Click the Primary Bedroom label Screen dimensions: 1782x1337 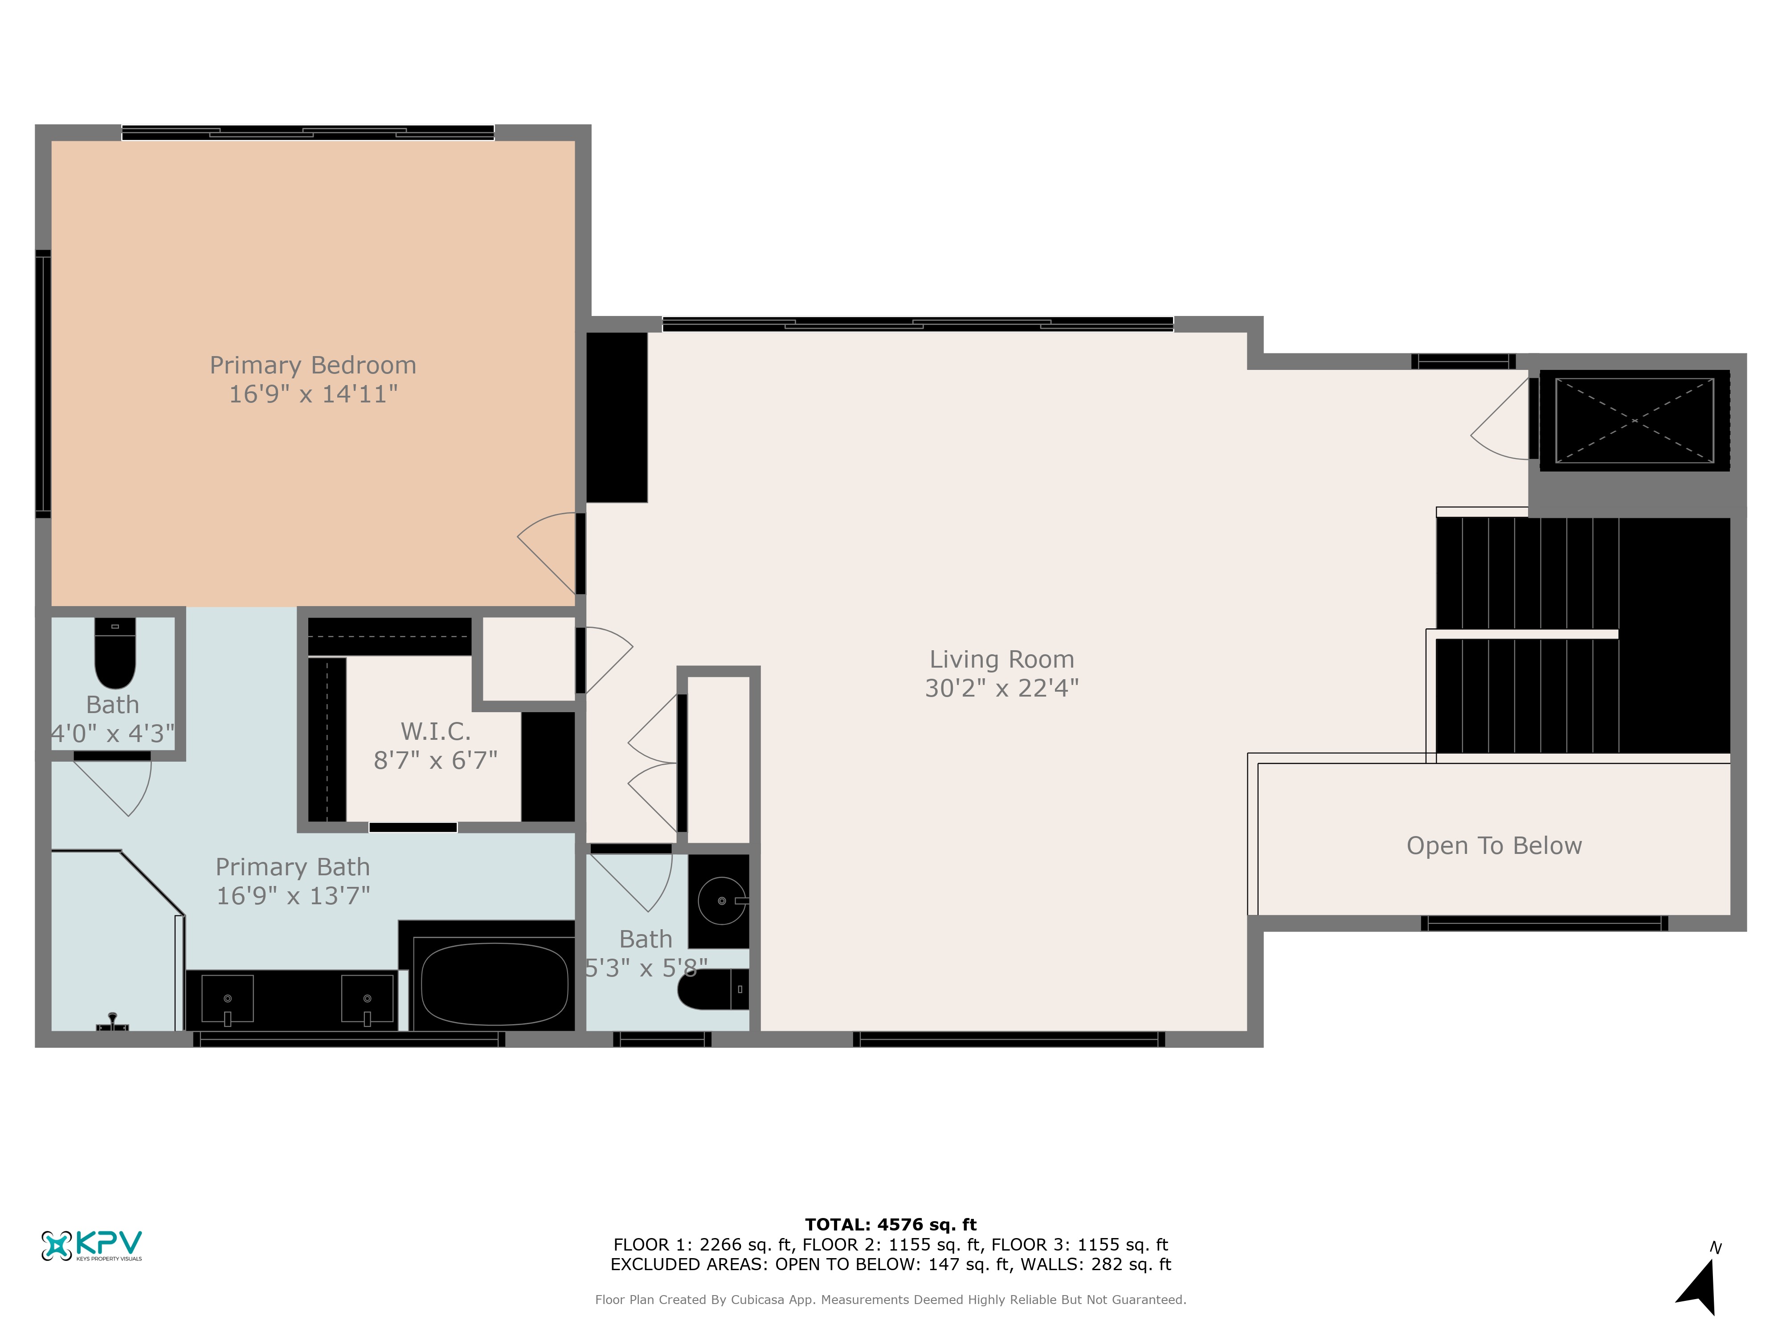[x=313, y=365]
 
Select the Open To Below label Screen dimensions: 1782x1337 [x=1494, y=845]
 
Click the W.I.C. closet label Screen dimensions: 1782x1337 [x=435, y=732]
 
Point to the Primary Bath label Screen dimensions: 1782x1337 [x=292, y=867]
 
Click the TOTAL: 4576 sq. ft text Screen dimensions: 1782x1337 [x=890, y=1225]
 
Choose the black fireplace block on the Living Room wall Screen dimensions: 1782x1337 [x=616, y=418]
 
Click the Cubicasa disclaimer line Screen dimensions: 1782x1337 [x=890, y=1299]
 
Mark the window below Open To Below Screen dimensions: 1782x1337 [x=1545, y=923]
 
